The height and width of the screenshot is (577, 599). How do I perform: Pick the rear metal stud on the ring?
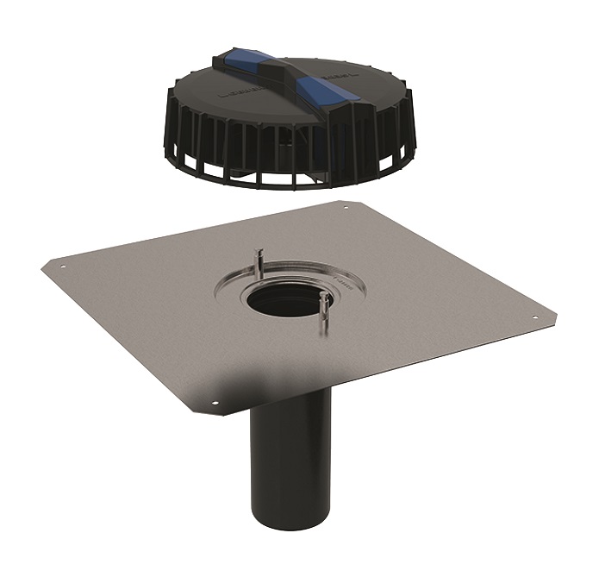(x=259, y=260)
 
